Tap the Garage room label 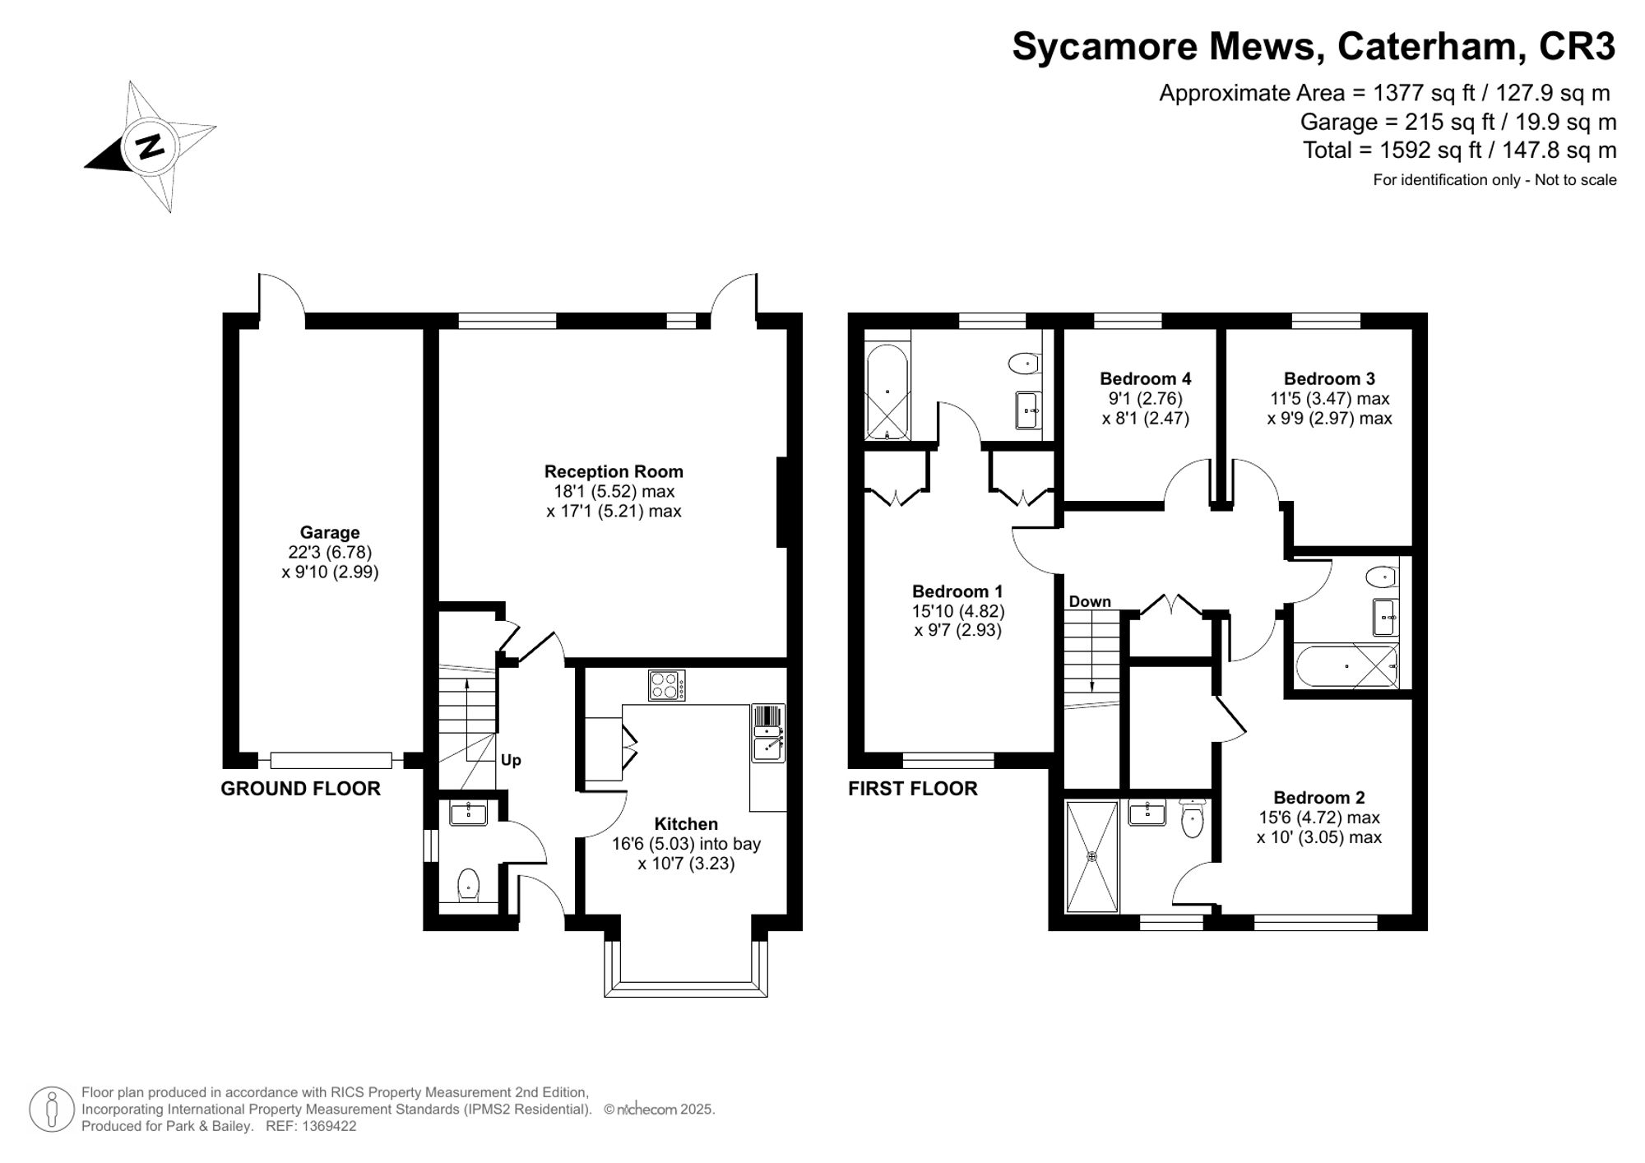(x=330, y=532)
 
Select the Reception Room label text (x=614, y=471)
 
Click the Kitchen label (x=686, y=823)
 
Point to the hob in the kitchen (x=667, y=685)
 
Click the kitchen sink (x=768, y=733)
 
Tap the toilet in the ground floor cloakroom (x=468, y=885)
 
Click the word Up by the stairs (x=511, y=760)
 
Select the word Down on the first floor (x=1090, y=601)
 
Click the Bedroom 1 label (x=957, y=591)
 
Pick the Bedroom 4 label (x=1145, y=378)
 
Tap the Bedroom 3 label (x=1329, y=378)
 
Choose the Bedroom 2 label (x=1319, y=797)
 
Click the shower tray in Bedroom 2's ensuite (x=1092, y=856)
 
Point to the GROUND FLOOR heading (x=300, y=789)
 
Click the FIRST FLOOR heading (x=913, y=789)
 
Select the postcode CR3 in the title (x=1577, y=46)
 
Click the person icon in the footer (x=53, y=1110)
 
